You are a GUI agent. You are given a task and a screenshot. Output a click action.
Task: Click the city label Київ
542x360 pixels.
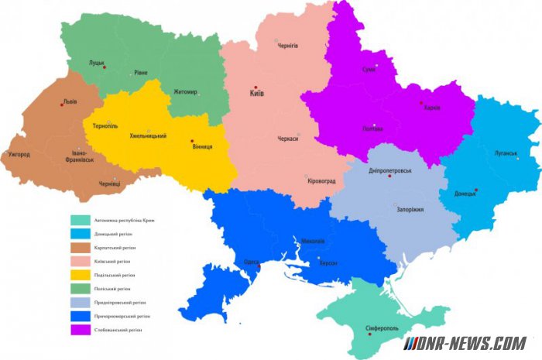[256, 94]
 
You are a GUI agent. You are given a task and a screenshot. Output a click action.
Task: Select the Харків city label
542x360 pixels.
[432, 108]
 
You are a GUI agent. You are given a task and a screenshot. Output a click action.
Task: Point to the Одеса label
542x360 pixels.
[251, 262]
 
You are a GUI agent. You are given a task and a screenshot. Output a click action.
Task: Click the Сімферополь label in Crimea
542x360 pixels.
[381, 328]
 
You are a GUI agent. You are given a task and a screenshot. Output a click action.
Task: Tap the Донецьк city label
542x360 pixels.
[465, 194]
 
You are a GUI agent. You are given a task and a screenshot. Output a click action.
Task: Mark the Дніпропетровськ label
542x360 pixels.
[390, 170]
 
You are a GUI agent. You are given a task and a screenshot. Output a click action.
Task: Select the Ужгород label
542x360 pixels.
[19, 154]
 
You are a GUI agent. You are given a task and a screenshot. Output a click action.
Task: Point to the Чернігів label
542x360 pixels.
[287, 46]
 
